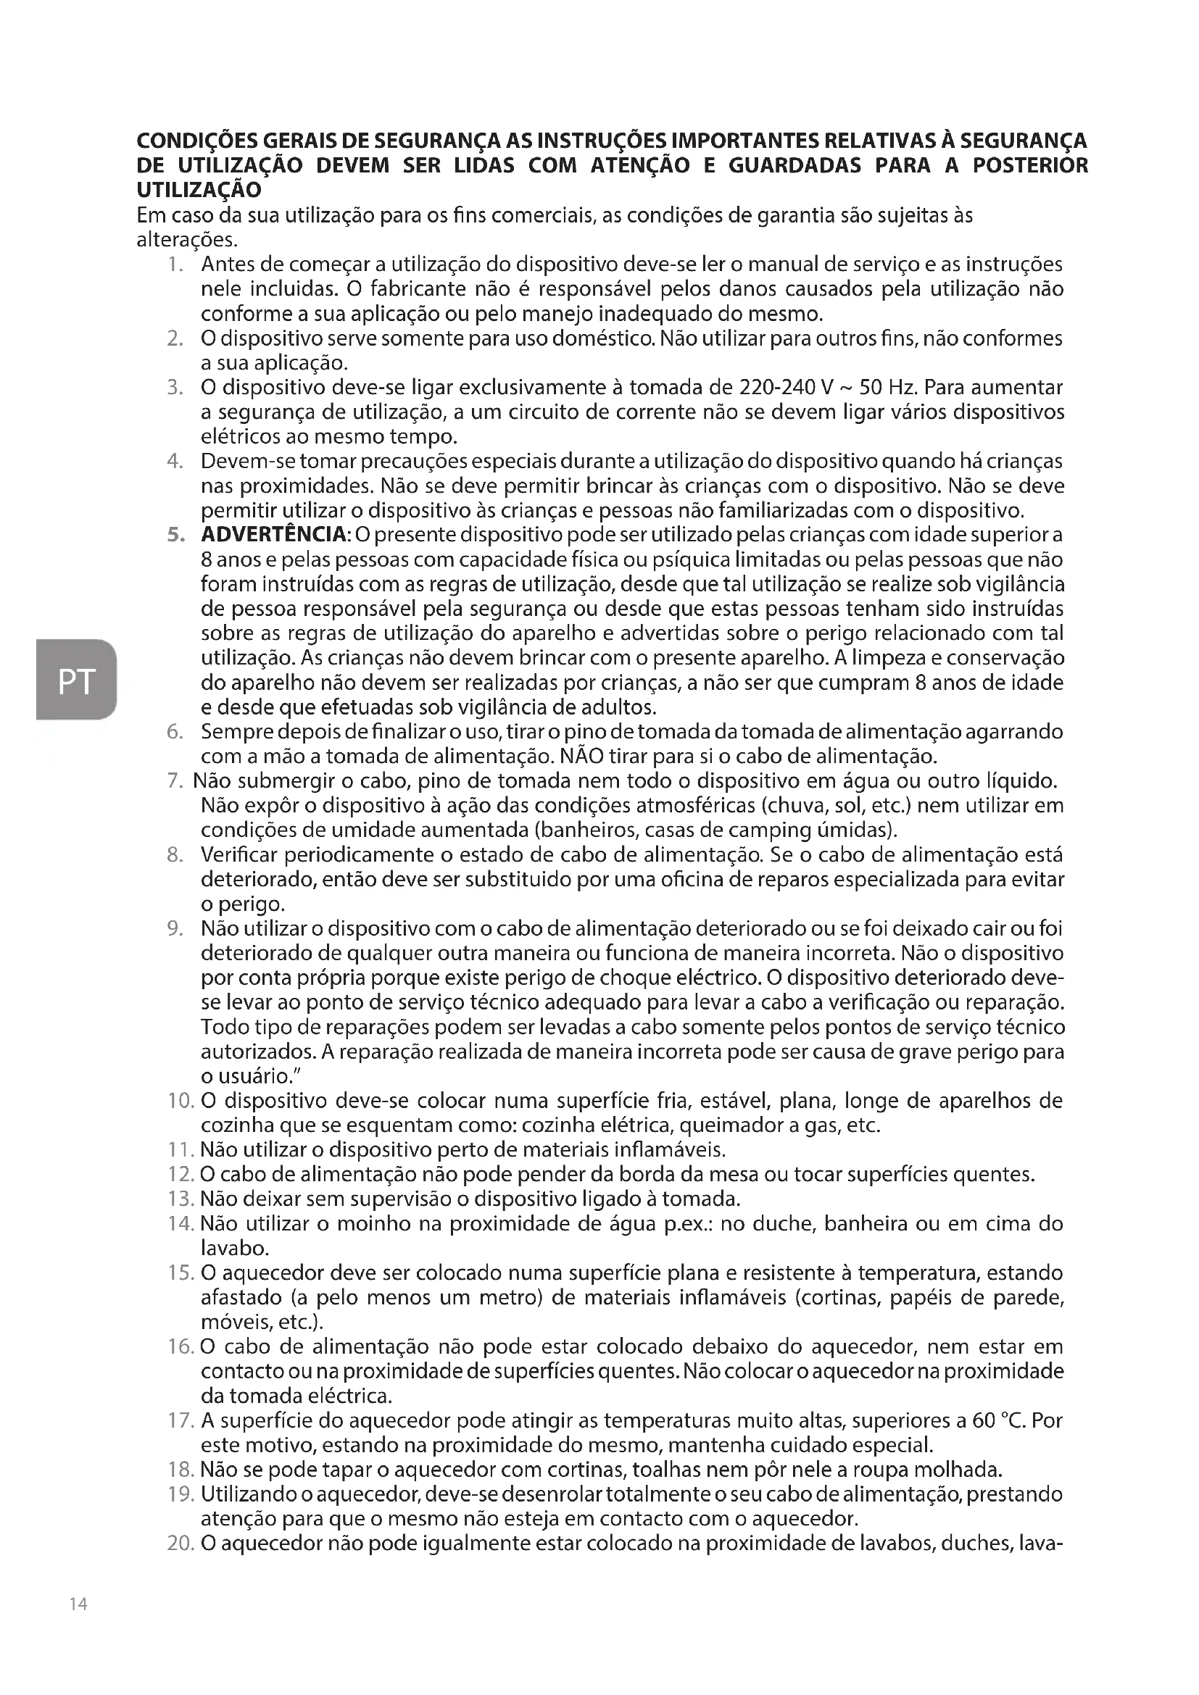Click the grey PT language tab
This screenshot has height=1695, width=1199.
point(76,679)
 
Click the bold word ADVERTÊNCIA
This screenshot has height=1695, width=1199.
point(274,535)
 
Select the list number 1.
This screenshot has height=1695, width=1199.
point(173,265)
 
